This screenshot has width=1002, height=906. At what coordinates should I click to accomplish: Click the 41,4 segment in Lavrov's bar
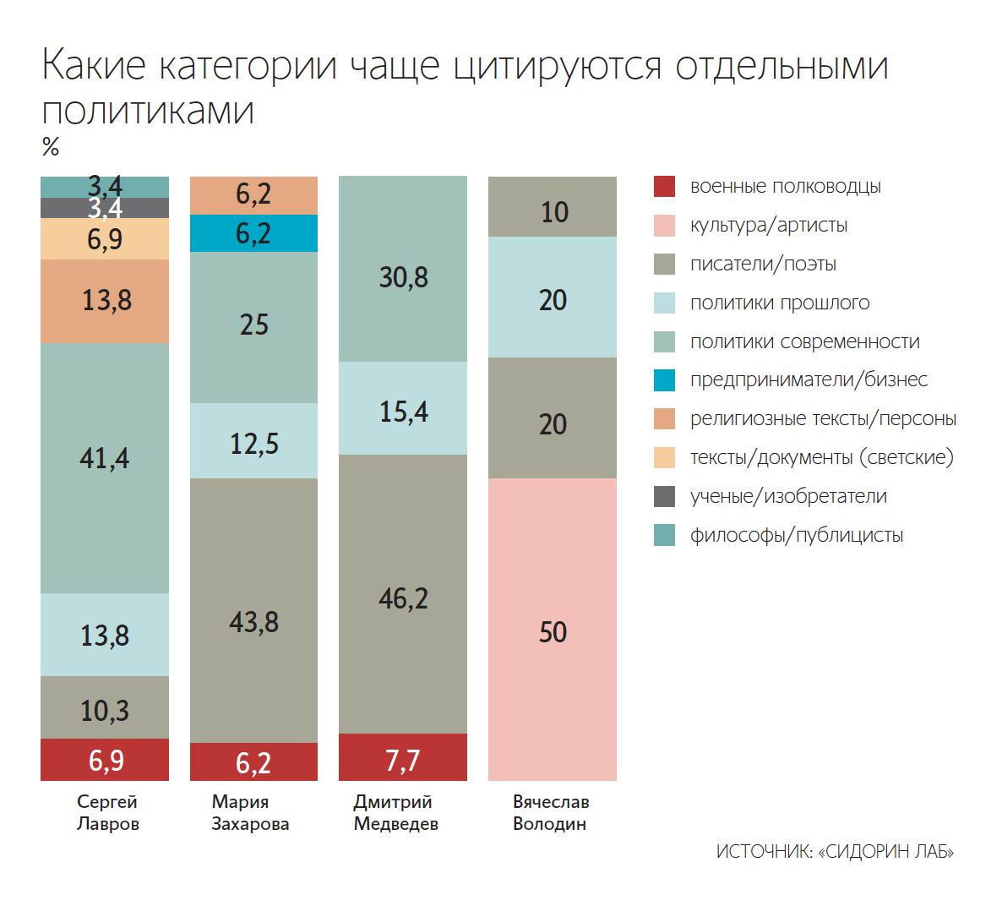coord(105,467)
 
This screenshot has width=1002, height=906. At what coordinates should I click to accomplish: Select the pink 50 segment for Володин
coord(553,630)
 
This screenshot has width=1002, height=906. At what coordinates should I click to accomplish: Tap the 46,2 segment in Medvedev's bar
coord(403,594)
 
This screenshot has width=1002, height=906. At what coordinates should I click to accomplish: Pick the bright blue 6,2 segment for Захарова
coord(253,233)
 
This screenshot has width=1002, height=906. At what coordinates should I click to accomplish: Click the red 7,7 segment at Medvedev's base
coord(403,757)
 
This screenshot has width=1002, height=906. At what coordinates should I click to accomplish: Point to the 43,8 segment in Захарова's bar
coord(253,610)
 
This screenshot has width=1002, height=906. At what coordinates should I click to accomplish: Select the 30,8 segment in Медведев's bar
coord(403,269)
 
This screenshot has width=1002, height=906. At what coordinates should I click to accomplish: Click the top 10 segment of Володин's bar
coord(553,207)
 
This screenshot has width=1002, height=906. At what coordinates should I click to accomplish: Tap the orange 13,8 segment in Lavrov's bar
coord(105,301)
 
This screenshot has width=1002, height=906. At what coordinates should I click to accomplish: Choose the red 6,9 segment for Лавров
coord(105,760)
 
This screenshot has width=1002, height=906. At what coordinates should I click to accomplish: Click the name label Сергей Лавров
coord(107,812)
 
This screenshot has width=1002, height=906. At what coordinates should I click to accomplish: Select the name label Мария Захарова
coord(250,812)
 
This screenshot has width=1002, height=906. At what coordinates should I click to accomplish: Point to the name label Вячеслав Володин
coord(550,812)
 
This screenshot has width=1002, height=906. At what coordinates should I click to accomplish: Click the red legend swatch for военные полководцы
coord(665,187)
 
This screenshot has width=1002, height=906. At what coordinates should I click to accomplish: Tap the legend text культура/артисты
coord(768,226)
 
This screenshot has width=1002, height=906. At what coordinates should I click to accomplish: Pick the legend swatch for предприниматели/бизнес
coord(665,380)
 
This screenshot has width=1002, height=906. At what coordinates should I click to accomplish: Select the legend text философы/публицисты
coord(796,535)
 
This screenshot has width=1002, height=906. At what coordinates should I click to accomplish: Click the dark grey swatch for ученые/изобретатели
coord(665,496)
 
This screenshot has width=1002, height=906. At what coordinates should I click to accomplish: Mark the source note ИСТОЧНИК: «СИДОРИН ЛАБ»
coord(835,851)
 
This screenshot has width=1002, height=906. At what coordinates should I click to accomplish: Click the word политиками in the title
coord(148,111)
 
